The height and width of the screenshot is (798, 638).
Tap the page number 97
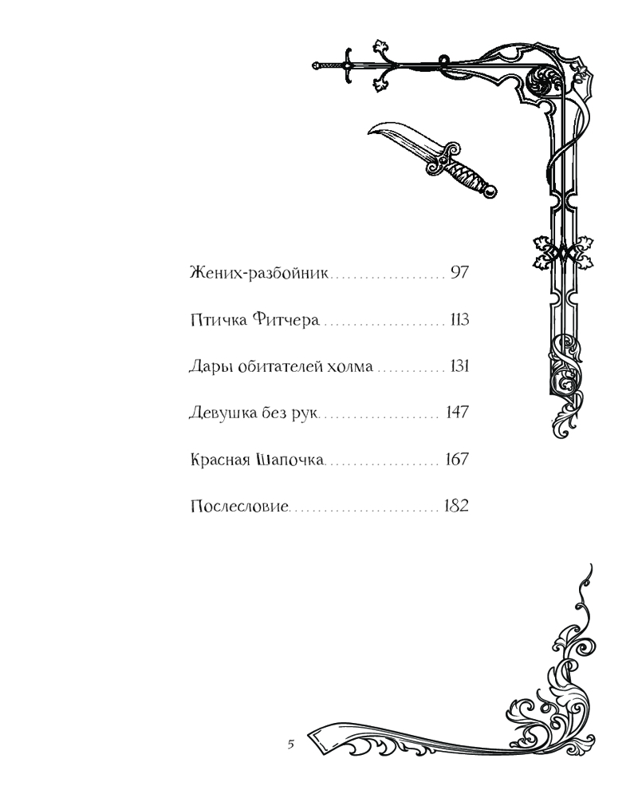[460, 274]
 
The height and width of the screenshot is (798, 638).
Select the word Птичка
[219, 321]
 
